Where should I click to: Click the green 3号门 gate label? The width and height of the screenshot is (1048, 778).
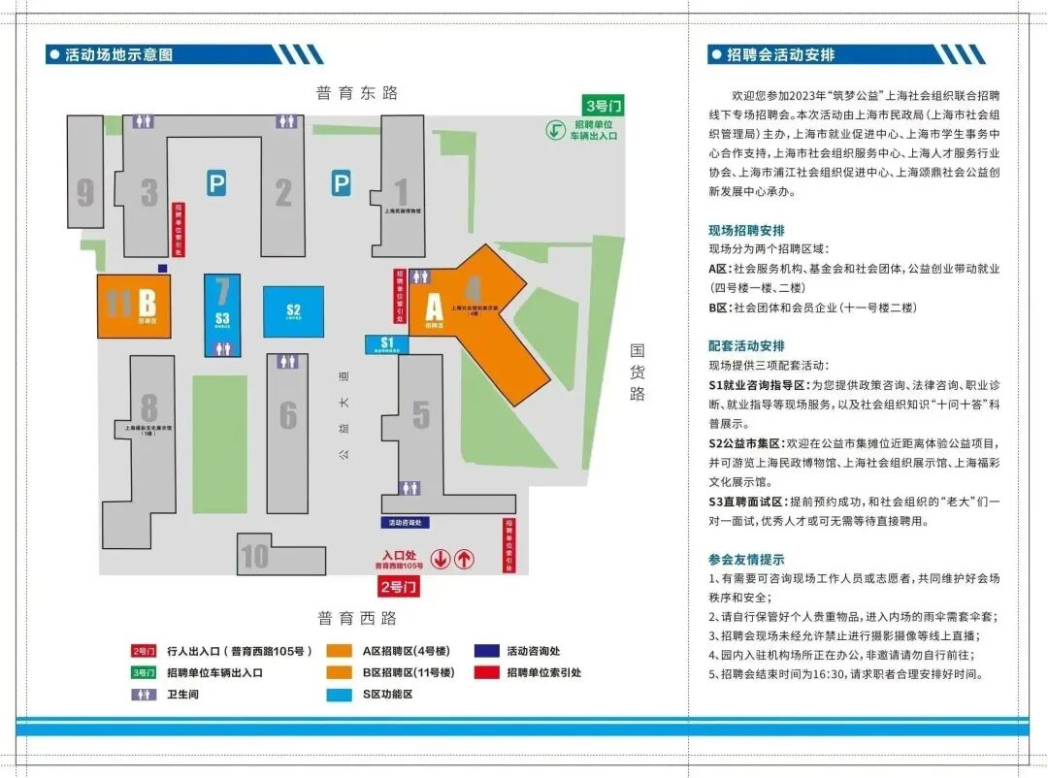pyautogui.click(x=604, y=104)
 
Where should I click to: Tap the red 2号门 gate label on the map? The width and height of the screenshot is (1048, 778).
pyautogui.click(x=398, y=586)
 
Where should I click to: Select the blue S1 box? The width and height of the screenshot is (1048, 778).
pyautogui.click(x=387, y=342)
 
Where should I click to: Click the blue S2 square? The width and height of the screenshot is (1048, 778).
pyautogui.click(x=293, y=311)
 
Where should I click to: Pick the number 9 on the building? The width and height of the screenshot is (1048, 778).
pyautogui.click(x=85, y=193)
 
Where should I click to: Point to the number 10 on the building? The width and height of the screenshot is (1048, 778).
pyautogui.click(x=254, y=557)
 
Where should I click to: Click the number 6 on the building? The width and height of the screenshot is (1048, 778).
pyautogui.click(x=288, y=415)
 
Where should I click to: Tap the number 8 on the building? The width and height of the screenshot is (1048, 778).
pyautogui.click(x=148, y=406)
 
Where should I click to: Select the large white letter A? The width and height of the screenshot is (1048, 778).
pyautogui.click(x=433, y=307)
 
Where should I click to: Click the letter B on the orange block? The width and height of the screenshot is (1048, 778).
pyautogui.click(x=147, y=302)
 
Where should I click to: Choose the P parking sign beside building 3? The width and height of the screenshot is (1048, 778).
pyautogui.click(x=216, y=181)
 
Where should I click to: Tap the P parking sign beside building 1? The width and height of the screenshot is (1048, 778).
pyautogui.click(x=341, y=181)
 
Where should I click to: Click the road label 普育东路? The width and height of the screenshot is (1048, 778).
pyautogui.click(x=356, y=93)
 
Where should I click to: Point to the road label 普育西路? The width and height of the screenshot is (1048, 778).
pyautogui.click(x=356, y=618)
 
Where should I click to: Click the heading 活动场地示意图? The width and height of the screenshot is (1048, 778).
pyautogui.click(x=118, y=55)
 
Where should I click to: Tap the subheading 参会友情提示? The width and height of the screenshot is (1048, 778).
pyautogui.click(x=746, y=560)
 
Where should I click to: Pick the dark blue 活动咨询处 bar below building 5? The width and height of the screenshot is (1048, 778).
pyautogui.click(x=407, y=522)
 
